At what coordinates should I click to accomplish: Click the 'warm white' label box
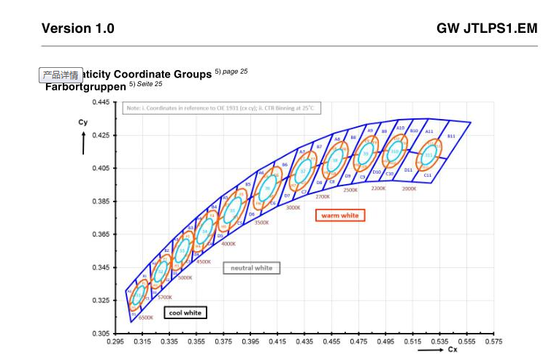[340, 215]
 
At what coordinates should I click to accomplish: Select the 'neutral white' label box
[251, 268]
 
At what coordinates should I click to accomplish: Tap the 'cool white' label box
[185, 313]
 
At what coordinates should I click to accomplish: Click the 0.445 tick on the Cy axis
[100, 102]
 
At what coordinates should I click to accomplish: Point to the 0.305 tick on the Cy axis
[100, 333]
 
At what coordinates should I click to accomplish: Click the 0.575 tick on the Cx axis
[493, 341]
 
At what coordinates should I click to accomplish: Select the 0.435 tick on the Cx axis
[304, 341]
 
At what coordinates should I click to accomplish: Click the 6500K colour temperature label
[145, 318]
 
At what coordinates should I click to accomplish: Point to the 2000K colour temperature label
[409, 188]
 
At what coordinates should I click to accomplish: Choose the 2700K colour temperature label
[323, 196]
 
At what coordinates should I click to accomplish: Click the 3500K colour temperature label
[261, 222]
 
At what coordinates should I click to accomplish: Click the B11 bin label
[451, 136]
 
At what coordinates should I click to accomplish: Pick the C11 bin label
[428, 175]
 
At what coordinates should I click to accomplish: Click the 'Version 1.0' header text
[77, 28]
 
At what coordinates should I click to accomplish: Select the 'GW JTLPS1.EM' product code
[487, 28]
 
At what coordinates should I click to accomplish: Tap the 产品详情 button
[61, 74]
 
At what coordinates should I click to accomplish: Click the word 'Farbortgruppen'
[85, 87]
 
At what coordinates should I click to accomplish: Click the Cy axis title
[83, 123]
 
